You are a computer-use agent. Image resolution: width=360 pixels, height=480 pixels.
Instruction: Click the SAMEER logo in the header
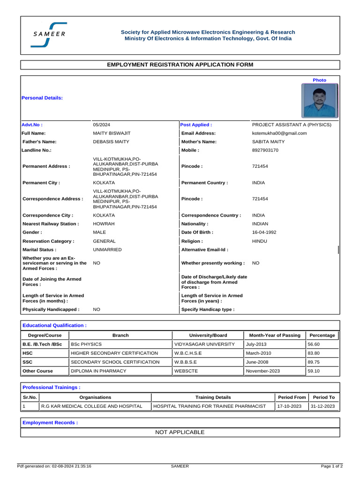point(49,35)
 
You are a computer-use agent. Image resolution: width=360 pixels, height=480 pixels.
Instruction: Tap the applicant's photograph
point(319,100)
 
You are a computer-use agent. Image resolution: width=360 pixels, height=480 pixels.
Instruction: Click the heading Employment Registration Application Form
point(180,65)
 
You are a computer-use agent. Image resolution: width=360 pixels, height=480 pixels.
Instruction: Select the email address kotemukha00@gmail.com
point(279,133)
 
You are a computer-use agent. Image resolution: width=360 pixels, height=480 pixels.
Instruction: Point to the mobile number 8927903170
point(265,150)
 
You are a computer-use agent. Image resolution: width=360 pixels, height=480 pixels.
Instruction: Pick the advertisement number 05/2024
point(101,125)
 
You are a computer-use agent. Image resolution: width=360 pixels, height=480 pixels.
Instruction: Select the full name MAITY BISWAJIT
point(112,133)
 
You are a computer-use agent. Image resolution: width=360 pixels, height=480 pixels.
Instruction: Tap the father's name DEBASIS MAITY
point(111,142)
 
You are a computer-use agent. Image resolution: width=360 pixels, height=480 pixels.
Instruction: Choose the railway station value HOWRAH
point(104,224)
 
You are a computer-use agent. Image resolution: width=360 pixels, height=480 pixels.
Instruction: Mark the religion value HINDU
point(260,241)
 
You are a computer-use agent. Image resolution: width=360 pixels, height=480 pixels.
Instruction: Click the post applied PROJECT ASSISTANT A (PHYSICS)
point(292,125)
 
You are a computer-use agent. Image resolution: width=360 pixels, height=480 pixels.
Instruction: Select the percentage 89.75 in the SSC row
point(314,362)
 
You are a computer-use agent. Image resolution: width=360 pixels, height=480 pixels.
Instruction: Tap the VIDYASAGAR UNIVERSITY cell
point(204,344)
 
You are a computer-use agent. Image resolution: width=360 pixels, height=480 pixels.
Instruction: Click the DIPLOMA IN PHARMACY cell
point(98,371)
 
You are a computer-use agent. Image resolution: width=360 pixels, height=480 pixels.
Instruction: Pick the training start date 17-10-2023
point(289,406)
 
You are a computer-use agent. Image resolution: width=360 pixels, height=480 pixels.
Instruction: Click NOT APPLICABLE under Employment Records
point(180,432)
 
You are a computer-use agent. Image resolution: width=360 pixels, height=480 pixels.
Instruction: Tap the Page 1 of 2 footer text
point(332,466)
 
